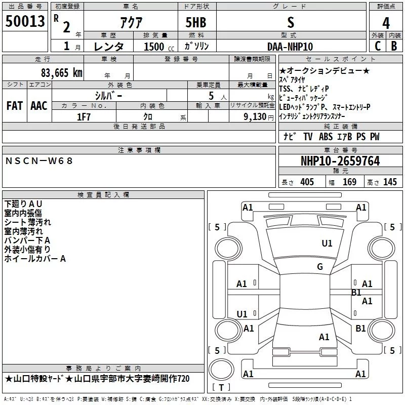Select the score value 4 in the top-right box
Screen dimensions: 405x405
coord(386,23)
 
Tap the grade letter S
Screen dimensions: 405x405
coord(290,23)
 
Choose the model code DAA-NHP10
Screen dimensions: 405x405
coord(290,47)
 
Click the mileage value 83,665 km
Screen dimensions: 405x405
coord(61,72)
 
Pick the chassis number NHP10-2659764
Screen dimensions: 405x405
coord(340,161)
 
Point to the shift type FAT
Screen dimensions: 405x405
coord(14,106)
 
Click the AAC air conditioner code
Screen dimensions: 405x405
coord(38,106)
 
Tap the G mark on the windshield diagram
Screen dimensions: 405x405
coord(320,267)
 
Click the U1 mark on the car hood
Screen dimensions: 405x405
coord(327,244)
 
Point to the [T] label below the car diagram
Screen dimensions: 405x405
coord(220,387)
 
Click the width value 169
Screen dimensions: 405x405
coord(349,182)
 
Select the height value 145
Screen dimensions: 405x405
coord(390,182)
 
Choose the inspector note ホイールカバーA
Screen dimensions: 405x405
coord(35,259)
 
